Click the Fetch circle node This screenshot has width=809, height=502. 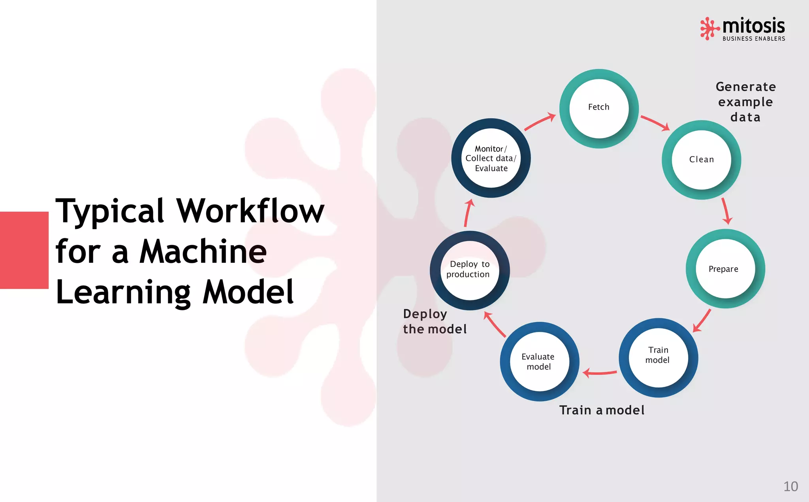point(599,109)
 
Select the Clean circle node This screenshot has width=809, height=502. point(701,160)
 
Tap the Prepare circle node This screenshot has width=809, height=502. point(725,269)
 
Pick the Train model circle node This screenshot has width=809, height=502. point(658,358)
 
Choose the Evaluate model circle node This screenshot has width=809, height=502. point(540,362)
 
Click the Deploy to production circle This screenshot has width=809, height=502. point(470,270)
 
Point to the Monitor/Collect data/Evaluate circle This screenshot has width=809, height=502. point(491,158)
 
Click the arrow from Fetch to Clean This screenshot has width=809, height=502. point(655,123)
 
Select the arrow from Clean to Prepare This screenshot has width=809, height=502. point(726,211)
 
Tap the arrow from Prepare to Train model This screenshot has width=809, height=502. point(702,321)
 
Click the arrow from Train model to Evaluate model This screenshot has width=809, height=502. point(600,373)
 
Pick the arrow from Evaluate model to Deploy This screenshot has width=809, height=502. point(495,324)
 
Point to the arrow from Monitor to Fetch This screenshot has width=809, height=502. point(540,122)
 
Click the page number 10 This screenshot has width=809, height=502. point(790,486)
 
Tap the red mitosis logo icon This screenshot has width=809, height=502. point(709,28)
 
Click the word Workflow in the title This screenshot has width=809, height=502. point(250,211)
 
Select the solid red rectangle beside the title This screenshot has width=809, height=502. point(24,250)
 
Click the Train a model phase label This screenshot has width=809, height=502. point(602,410)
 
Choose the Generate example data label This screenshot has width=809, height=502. point(745,102)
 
